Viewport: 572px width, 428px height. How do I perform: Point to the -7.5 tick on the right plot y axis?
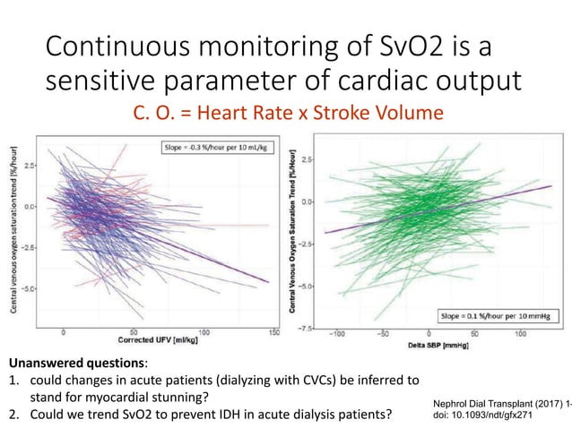coord(308,329)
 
